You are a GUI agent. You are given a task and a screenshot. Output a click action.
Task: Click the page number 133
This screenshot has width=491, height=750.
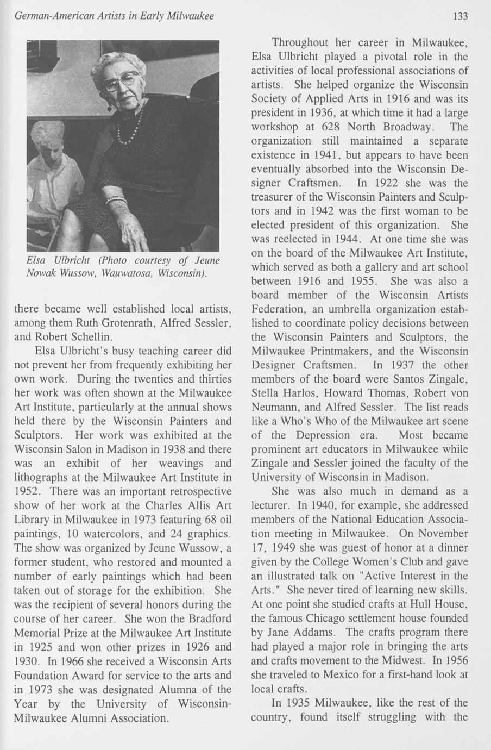coord(460,16)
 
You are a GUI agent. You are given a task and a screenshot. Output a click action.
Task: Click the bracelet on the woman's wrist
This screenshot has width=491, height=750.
coord(116,200)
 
